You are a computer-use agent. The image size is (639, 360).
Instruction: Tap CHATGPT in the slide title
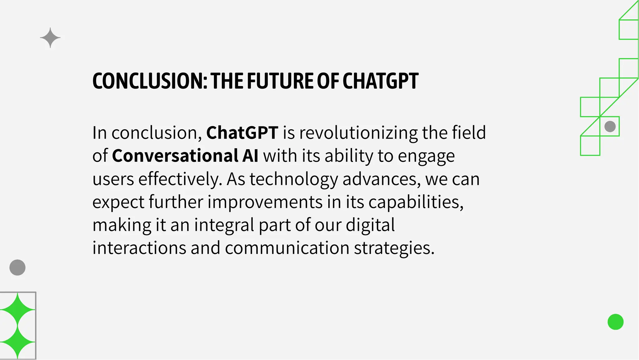380,81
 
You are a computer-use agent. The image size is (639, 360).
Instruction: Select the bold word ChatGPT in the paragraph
242,132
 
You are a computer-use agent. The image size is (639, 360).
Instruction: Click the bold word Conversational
175,155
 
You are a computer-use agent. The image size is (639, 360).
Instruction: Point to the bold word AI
250,155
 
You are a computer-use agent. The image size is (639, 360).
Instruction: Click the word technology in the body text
294,179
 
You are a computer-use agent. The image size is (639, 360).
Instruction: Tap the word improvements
265,202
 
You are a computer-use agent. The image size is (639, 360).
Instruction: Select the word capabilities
416,202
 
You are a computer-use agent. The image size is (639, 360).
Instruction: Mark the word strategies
394,248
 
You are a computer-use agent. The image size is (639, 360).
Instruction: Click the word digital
370,225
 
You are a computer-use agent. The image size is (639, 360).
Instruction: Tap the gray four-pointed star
50,38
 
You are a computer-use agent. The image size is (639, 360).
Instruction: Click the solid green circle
615,322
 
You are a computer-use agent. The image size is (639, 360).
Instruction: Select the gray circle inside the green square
610,126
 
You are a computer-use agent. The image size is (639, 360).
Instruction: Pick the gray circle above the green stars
17,268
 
